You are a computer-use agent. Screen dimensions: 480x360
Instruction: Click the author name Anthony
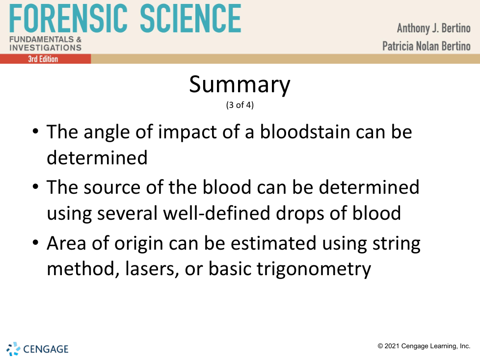point(413,28)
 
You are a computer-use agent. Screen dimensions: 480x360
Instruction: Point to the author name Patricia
point(398,46)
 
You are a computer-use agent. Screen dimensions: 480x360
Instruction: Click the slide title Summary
point(240,85)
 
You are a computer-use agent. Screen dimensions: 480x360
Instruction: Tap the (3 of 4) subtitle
point(240,105)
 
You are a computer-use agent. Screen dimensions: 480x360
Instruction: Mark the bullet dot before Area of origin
point(35,243)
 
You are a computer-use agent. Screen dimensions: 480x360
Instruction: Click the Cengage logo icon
point(13,349)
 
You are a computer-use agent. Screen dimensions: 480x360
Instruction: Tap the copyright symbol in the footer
point(380,346)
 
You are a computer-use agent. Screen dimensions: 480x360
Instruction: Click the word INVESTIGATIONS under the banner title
point(46,48)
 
